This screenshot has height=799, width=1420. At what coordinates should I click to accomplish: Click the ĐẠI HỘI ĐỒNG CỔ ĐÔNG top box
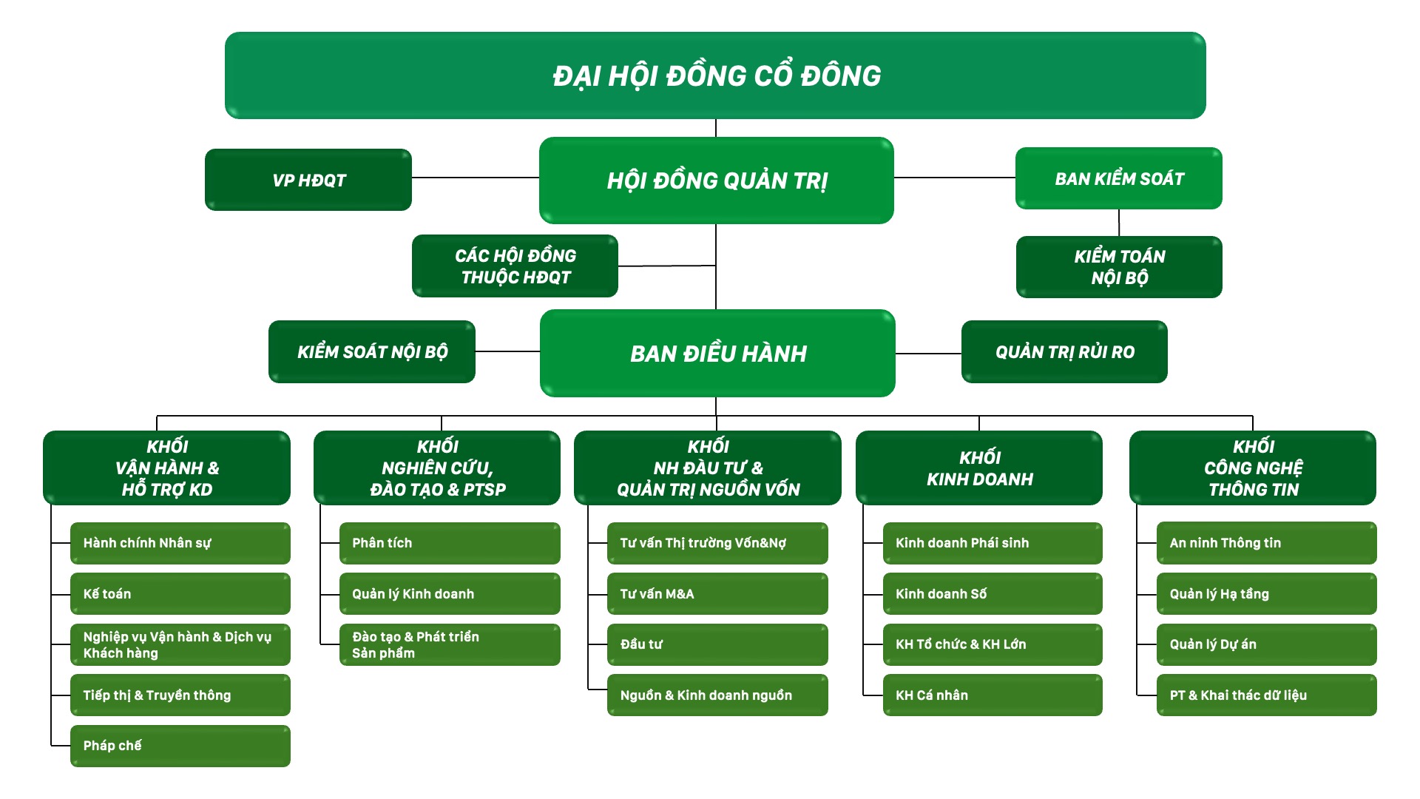click(x=715, y=75)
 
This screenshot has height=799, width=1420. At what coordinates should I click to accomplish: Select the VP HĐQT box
click(x=308, y=180)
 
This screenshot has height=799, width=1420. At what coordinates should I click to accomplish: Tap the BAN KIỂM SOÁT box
click(x=1118, y=178)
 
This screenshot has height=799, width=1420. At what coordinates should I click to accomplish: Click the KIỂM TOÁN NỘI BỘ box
click(x=1119, y=267)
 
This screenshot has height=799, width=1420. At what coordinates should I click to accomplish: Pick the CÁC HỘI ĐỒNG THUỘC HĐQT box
click(x=515, y=266)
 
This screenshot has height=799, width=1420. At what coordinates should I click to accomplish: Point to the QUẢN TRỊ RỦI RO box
click(x=1064, y=352)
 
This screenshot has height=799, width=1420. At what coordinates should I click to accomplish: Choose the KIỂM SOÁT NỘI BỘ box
click(x=372, y=352)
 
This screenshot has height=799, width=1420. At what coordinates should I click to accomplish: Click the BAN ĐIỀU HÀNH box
click(x=717, y=354)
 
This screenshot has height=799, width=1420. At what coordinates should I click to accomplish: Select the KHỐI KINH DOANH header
click(x=979, y=468)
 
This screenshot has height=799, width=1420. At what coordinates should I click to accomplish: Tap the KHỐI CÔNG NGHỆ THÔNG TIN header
click(x=1253, y=468)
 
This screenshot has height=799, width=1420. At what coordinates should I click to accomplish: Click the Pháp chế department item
click(x=180, y=746)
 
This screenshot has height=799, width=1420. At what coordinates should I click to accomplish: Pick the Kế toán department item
click(x=180, y=594)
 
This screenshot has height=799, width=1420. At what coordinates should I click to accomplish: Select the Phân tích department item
click(x=450, y=543)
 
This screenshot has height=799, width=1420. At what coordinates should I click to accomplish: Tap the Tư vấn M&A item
click(x=717, y=594)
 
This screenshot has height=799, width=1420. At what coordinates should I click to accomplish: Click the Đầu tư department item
click(x=717, y=644)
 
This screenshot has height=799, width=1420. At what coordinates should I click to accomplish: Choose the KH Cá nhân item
click(x=993, y=695)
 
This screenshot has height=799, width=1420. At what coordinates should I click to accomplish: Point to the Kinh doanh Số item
click(x=993, y=594)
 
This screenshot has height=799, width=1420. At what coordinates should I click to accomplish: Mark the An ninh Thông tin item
click(x=1266, y=543)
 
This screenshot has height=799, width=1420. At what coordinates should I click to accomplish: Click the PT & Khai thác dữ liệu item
click(x=1266, y=695)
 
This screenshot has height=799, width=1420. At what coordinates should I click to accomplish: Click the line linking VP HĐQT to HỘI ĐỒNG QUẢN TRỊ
click(x=475, y=178)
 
